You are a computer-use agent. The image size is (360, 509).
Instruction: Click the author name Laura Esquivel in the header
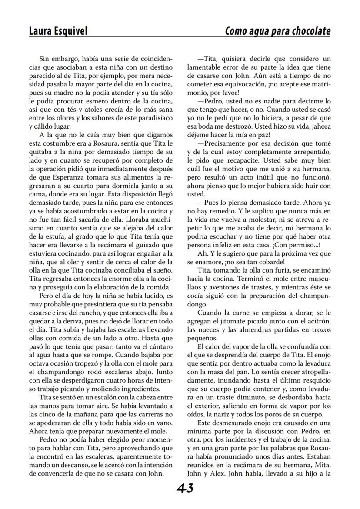[58, 31]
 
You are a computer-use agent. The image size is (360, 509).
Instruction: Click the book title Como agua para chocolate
[277, 31]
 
